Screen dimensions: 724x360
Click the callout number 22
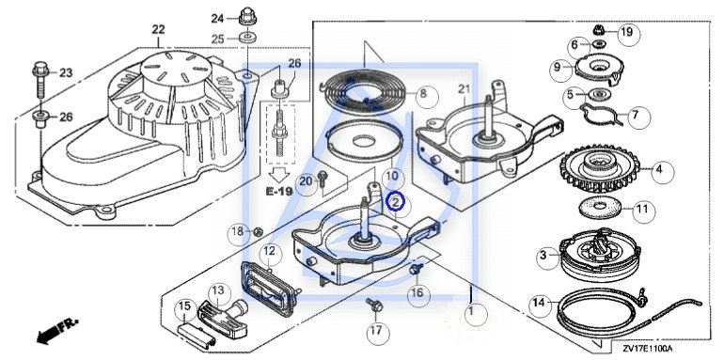pyautogui.click(x=158, y=29)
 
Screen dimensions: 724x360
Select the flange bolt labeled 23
pyautogui.click(x=40, y=79)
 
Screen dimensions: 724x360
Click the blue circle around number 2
pyautogui.click(x=395, y=202)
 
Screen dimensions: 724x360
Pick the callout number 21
pyautogui.click(x=464, y=89)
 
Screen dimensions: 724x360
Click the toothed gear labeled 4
pyautogui.click(x=599, y=168)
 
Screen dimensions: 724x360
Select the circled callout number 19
pyautogui.click(x=628, y=32)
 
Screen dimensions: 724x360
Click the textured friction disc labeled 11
pyautogui.click(x=599, y=208)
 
